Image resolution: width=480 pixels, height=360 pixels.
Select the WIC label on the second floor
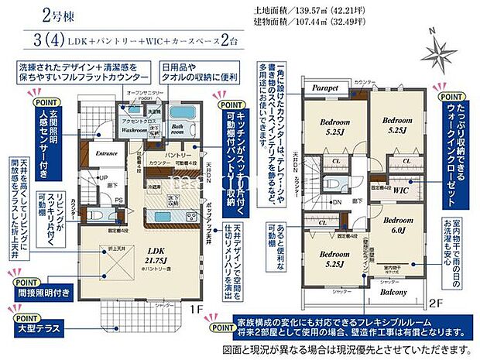pyautogui.click(x=402, y=188)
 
